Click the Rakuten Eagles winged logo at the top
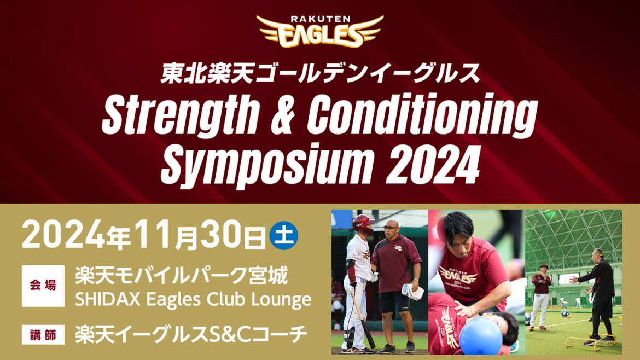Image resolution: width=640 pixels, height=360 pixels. pyautogui.click(x=320, y=32)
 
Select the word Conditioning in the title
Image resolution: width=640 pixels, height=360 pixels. pyautogui.click(x=422, y=117)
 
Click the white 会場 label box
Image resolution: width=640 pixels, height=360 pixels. pyautogui.click(x=43, y=286)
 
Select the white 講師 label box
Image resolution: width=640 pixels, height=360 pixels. pyautogui.click(x=43, y=334)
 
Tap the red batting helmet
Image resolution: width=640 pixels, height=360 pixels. pyautogui.click(x=363, y=222)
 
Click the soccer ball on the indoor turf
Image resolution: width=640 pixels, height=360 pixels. pyautogui.click(x=565, y=313)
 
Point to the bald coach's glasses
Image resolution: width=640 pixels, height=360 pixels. pyautogui.click(x=391, y=228)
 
